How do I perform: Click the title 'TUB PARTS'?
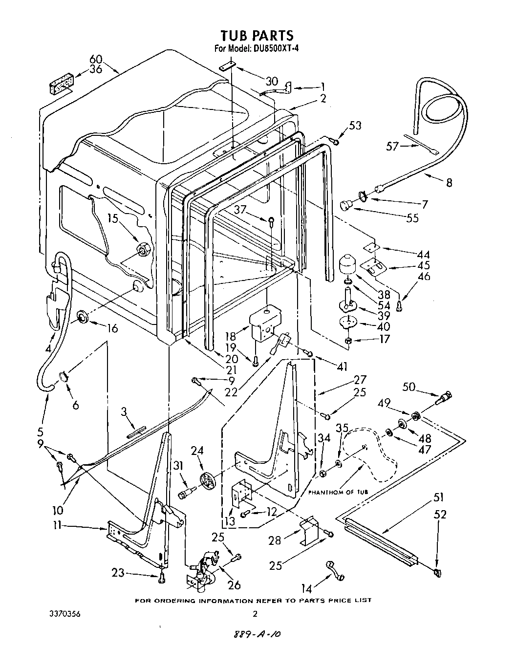(x=257, y=35)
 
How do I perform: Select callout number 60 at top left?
(x=96, y=60)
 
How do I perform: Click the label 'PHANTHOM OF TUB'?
(x=338, y=492)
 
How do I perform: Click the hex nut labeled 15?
(x=143, y=250)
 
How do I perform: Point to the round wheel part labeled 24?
(x=208, y=481)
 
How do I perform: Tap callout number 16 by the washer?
(x=112, y=328)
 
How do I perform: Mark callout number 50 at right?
(x=408, y=387)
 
